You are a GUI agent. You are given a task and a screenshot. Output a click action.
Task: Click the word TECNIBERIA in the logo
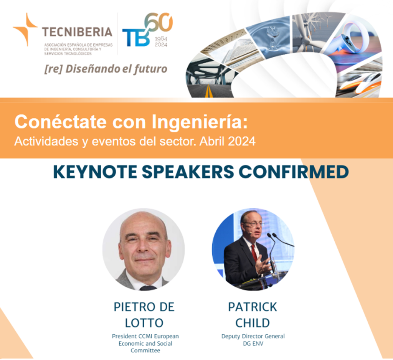(77, 32)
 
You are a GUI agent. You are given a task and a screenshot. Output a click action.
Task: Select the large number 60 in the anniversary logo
(159, 22)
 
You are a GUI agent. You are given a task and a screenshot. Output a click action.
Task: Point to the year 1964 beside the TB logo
(161, 39)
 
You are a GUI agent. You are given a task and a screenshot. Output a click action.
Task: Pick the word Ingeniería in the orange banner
(200, 122)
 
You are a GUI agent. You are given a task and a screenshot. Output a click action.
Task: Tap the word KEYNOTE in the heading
(95, 172)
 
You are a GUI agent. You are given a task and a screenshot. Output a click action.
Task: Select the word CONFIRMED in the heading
(294, 172)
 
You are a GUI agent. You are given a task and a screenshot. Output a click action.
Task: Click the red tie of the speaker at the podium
(254, 253)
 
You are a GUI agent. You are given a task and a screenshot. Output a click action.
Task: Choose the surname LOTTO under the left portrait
(144, 323)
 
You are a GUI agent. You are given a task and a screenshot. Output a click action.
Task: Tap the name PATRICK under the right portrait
(253, 307)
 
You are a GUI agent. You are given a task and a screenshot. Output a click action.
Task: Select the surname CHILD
(253, 323)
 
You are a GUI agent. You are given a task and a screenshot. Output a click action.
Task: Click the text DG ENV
(253, 343)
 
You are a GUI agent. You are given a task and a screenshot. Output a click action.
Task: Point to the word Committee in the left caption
(145, 350)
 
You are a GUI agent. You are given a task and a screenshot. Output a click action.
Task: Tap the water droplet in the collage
(271, 35)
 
